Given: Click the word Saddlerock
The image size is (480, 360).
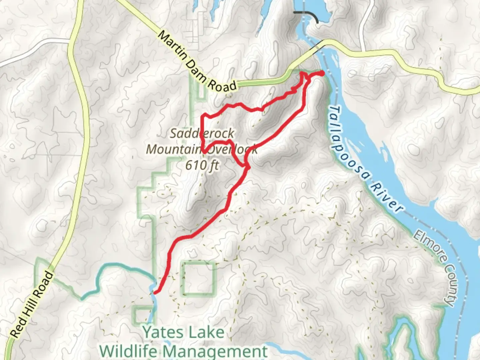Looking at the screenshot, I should (202, 133).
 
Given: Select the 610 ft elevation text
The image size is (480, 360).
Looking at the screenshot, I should (202, 165).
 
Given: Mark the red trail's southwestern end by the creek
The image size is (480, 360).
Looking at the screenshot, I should (154, 292).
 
